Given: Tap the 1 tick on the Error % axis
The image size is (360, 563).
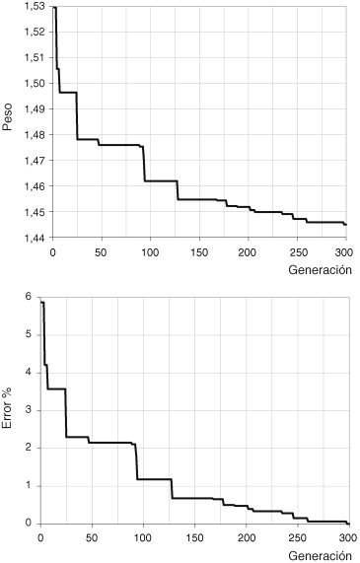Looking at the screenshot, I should pos(29,485).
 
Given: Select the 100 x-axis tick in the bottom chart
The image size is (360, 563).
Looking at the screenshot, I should pos(142,537).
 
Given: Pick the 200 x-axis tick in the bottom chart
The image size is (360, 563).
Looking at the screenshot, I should pos(245,537).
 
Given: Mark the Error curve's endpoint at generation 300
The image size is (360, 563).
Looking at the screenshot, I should pos(348,523).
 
